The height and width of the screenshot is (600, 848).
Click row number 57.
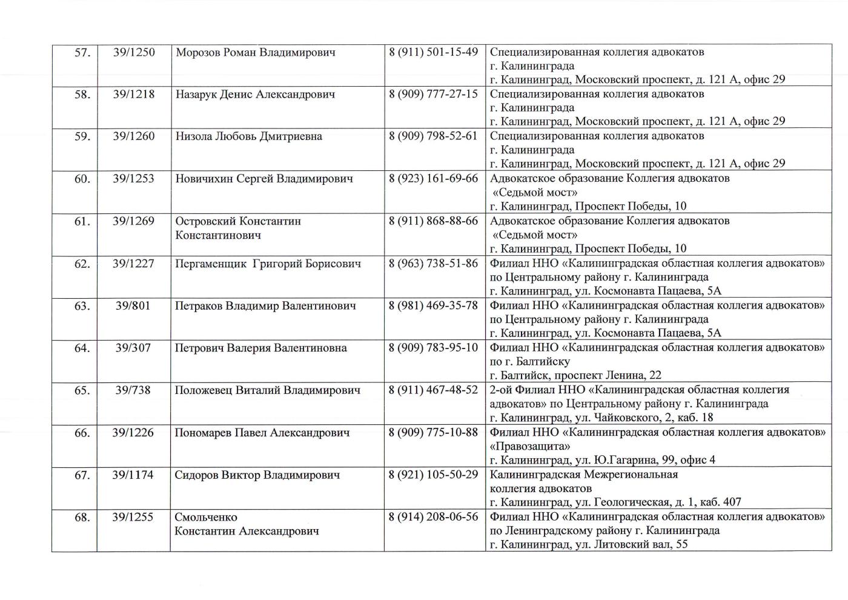tap(82, 53)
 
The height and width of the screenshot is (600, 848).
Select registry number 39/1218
tap(134, 95)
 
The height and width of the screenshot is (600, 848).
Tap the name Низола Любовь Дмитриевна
tap(248, 136)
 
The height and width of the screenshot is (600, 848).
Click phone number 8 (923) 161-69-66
tap(433, 179)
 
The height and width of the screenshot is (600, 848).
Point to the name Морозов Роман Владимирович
tap(255, 53)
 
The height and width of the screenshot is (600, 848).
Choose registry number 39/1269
tap(134, 221)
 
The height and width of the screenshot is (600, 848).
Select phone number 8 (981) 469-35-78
tap(433, 305)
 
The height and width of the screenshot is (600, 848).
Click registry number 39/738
tap(133, 390)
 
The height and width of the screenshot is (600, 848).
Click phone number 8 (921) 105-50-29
tap(433, 475)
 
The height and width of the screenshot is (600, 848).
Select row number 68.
tap(82, 518)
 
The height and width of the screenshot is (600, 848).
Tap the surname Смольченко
tap(206, 518)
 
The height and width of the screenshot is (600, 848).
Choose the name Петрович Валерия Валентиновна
tap(260, 348)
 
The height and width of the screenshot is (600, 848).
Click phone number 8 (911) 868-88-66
tap(433, 221)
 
